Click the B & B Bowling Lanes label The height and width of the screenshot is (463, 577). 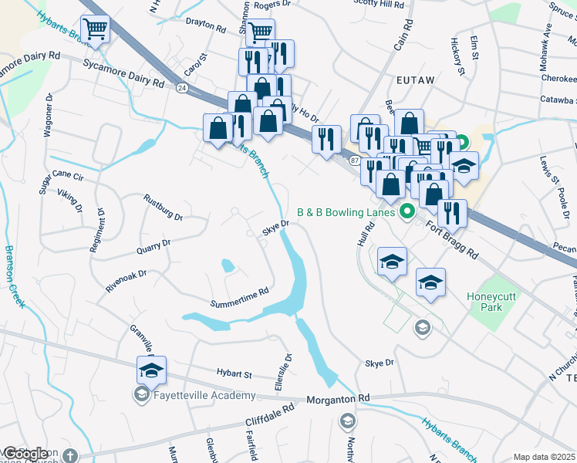pos(347,211)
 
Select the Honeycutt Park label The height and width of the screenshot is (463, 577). pos(494,301)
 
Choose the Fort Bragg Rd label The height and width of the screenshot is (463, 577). pos(451,238)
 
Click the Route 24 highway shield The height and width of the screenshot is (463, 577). pos(181,89)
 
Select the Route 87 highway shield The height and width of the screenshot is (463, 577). pos(353,160)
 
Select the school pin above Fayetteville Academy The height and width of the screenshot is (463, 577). pos(151,370)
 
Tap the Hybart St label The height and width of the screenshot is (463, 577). pos(235,374)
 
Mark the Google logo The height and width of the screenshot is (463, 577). pos(25,454)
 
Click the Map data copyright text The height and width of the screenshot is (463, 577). pos(544,457)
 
